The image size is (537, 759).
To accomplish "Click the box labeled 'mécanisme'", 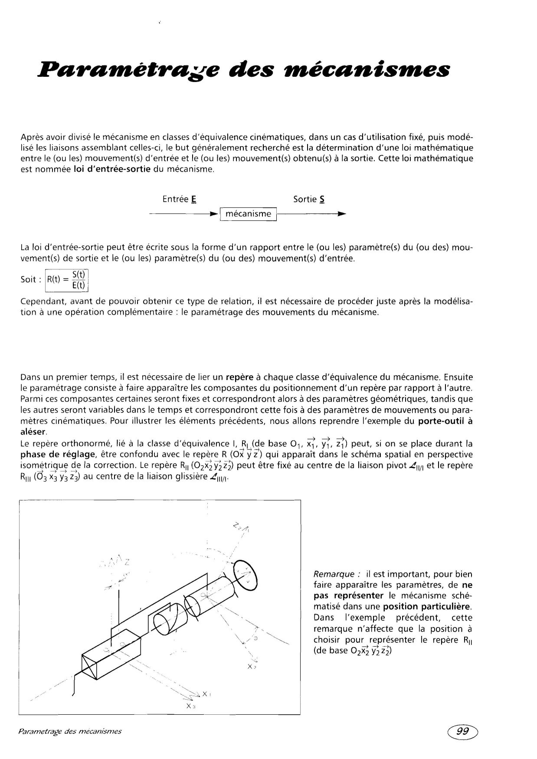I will (x=249, y=214).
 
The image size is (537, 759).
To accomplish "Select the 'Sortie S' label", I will (x=309, y=199).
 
